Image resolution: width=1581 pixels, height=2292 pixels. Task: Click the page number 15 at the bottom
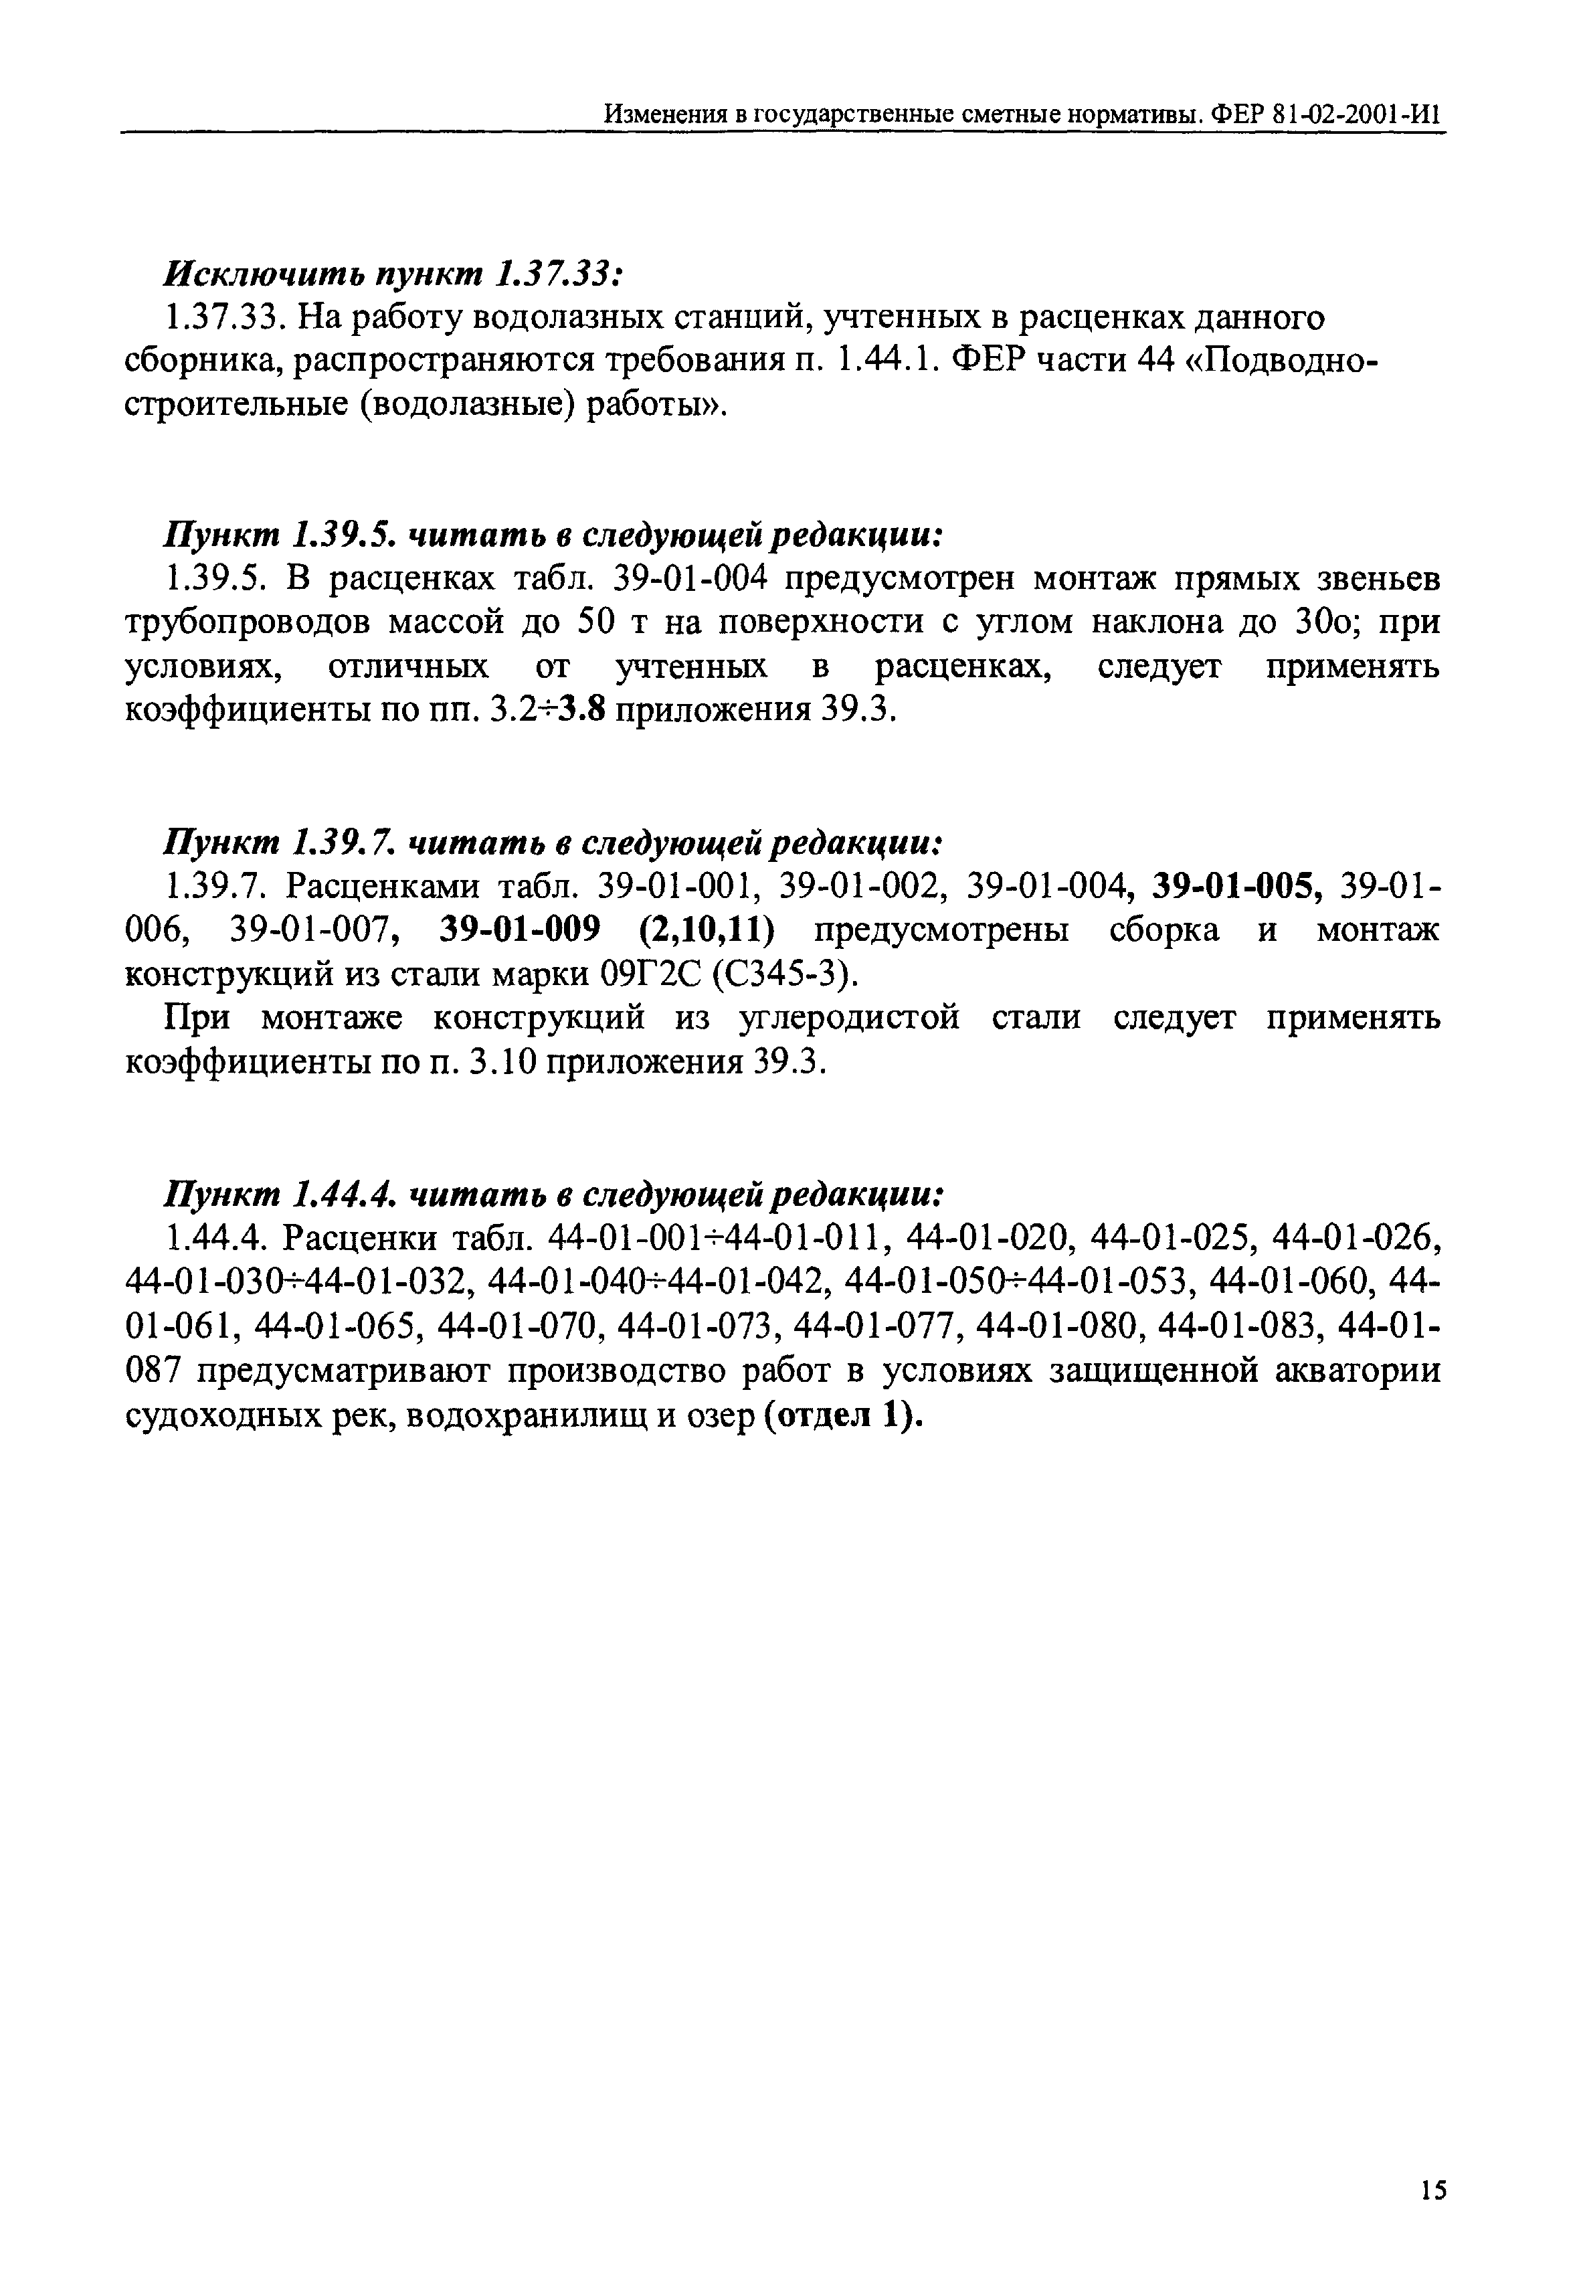click(x=1432, y=2190)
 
